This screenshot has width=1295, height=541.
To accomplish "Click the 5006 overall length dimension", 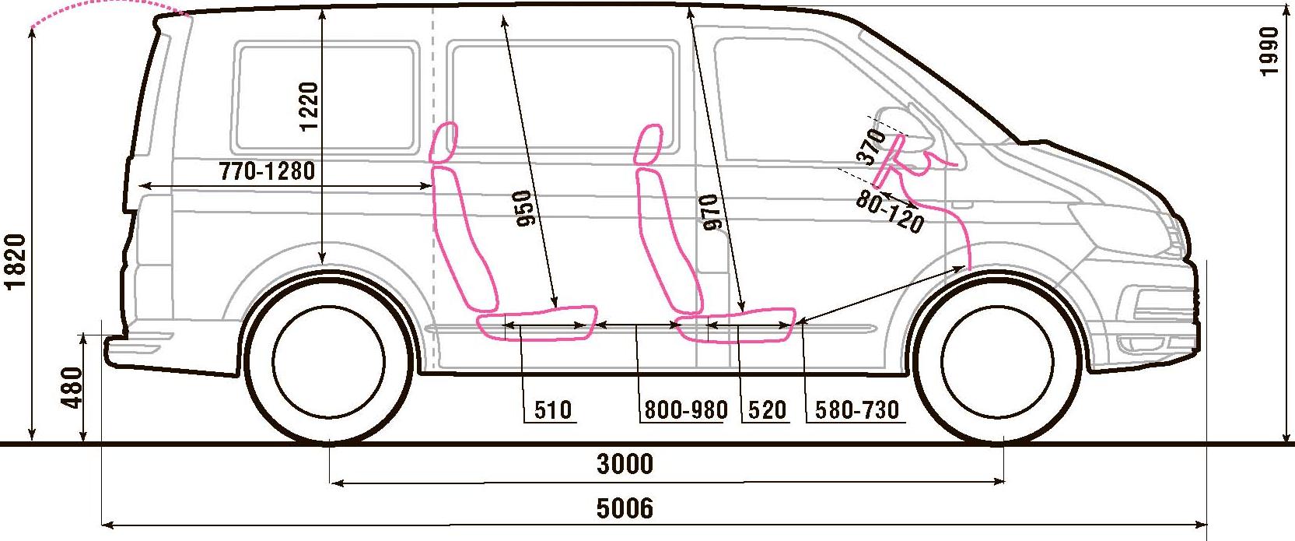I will point(625,508).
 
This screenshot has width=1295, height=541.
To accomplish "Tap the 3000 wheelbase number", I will point(625,465).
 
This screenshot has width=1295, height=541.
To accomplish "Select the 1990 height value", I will point(1269,51).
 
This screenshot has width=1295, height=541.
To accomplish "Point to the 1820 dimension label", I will point(16,261).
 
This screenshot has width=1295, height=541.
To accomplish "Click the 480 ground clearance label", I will point(71,388).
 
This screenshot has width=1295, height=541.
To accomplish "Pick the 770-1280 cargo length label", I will point(267,171).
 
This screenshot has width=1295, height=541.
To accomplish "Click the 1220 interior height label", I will point(309,107).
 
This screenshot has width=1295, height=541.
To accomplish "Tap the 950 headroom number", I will point(526,209).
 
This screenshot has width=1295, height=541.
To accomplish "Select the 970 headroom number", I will point(712,213).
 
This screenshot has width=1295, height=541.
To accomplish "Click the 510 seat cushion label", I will point(553,410).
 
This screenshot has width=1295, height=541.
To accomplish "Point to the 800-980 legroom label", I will point(686,410).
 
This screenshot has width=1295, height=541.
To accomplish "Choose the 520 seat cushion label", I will point(767,410).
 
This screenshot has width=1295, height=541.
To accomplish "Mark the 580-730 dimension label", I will point(857,410).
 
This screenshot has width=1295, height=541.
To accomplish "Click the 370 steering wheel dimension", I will point(872,146).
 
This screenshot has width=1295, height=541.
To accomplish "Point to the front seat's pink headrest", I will point(648,144).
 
